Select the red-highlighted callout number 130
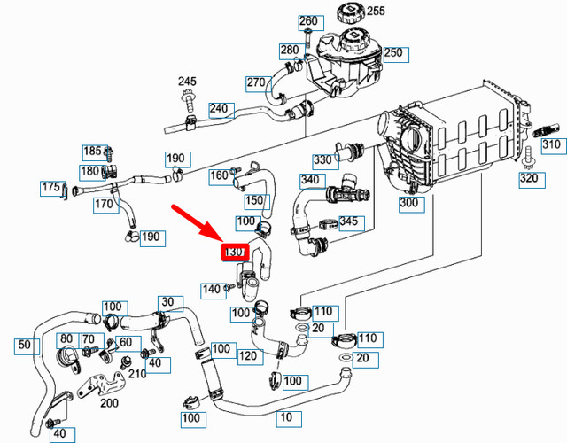click(x=233, y=253)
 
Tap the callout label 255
click(x=376, y=12)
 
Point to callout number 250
click(x=393, y=53)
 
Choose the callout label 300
click(x=408, y=203)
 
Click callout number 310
click(x=551, y=145)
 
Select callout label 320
click(x=529, y=179)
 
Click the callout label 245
click(x=186, y=82)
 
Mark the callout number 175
click(x=51, y=188)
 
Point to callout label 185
click(x=93, y=152)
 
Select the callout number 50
click(x=24, y=344)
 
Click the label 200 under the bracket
click(x=110, y=403)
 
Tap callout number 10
click(x=286, y=416)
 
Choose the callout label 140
click(x=211, y=289)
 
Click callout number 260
click(x=307, y=21)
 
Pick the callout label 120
click(x=248, y=356)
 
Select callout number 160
click(x=219, y=175)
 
